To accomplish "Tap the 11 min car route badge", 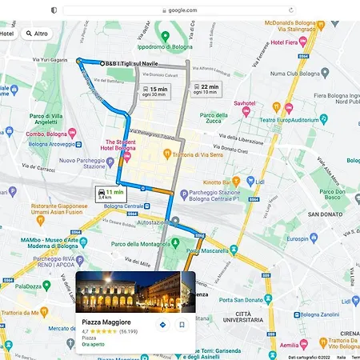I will coord(109,194).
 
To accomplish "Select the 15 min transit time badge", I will coord(155,91).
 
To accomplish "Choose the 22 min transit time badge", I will coord(205,89).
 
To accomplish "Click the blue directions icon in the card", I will coord(163,325).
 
